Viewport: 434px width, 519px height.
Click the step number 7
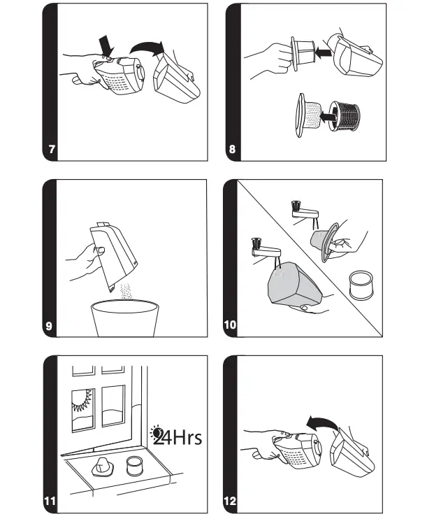[52, 149]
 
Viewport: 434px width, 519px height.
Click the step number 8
[232, 149]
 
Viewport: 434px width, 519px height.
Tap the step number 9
[49, 326]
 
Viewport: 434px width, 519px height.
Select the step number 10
[230, 325]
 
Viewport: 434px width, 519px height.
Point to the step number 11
[50, 501]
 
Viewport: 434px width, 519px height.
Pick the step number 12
[230, 501]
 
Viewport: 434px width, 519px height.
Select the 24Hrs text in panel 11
[176, 436]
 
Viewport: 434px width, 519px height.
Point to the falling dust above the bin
[125, 291]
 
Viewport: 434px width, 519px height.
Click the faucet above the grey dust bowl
[266, 249]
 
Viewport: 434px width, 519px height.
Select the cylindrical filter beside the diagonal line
[361, 284]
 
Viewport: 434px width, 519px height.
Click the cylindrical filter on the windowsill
[134, 466]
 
